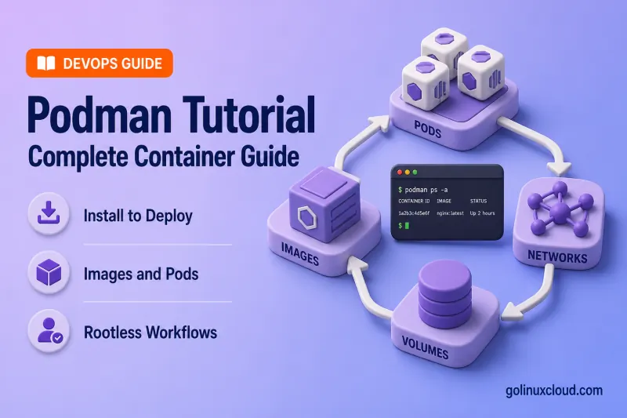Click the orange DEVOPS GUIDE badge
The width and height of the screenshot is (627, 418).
tap(100, 64)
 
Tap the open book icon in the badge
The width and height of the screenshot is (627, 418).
tap(46, 64)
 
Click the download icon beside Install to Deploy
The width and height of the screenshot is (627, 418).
tap(49, 213)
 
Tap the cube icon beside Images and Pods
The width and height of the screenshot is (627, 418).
tap(49, 272)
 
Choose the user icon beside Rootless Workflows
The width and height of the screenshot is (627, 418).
tap(49, 331)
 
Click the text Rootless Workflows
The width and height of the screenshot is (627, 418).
tap(150, 333)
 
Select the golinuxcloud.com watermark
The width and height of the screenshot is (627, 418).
tap(554, 391)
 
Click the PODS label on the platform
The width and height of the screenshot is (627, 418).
tap(427, 129)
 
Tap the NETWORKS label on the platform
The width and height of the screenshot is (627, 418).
tap(557, 256)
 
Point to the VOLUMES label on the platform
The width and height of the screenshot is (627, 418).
tap(425, 347)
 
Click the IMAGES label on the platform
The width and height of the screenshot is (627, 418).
tap(300, 253)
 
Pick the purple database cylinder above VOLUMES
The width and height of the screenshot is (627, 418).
tap(444, 293)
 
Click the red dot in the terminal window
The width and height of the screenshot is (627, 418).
tap(399, 173)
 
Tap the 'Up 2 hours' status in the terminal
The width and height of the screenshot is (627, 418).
tap(482, 213)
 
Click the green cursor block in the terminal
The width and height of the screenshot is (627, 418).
tap(407, 226)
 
